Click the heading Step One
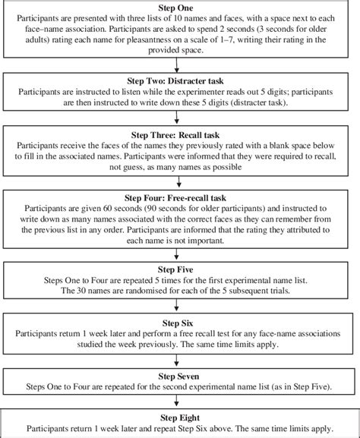point(175,8)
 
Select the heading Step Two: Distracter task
point(175,81)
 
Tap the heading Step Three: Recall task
point(175,135)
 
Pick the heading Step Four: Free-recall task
point(175,198)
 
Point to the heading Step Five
point(175,269)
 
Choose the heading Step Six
point(178,323)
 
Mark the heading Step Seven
point(178,377)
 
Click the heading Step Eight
point(180,418)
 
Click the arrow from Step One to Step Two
point(176,65)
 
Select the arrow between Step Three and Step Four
point(179,181)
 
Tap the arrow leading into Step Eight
point(176,400)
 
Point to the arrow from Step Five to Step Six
point(176,304)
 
